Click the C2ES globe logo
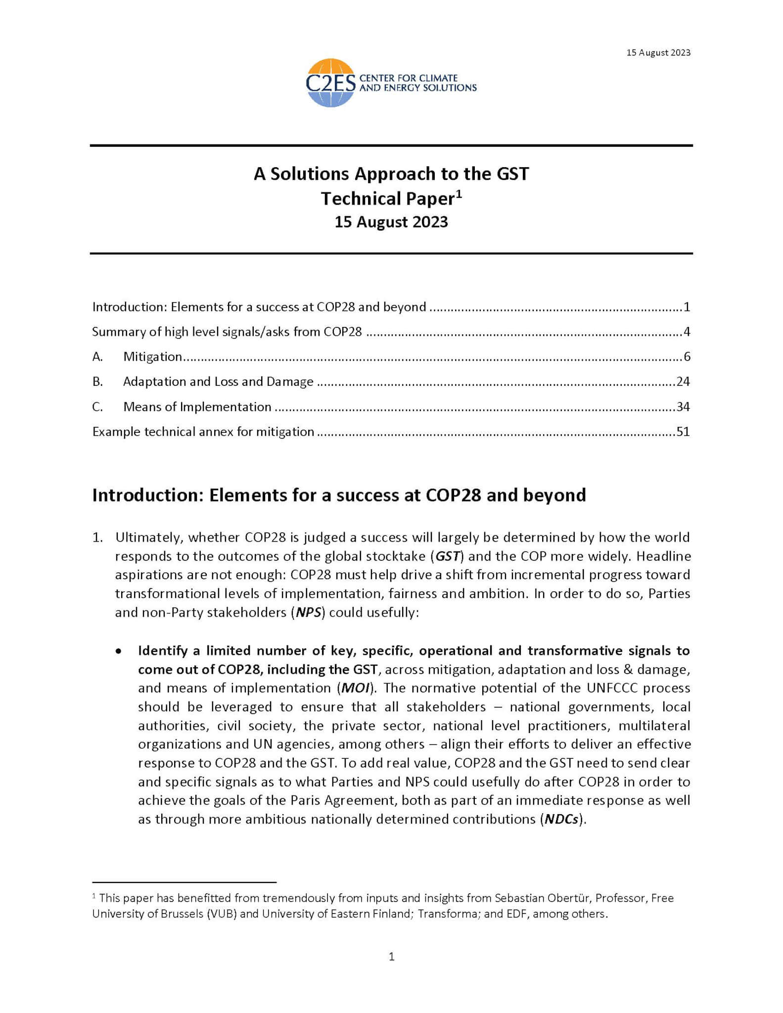(x=330, y=83)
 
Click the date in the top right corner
(x=658, y=52)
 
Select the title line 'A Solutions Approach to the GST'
(x=391, y=174)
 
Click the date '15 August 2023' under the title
(x=391, y=222)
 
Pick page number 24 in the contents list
(x=683, y=381)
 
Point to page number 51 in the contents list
(x=683, y=432)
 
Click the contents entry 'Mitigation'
(x=152, y=357)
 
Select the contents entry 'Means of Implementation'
(x=197, y=407)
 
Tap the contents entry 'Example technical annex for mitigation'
(x=203, y=432)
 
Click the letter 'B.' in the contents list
(x=97, y=381)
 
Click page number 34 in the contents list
(x=683, y=407)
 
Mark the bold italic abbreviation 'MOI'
(x=355, y=688)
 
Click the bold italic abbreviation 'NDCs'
(x=561, y=820)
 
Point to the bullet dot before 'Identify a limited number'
(x=118, y=651)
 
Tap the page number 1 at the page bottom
(x=391, y=957)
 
